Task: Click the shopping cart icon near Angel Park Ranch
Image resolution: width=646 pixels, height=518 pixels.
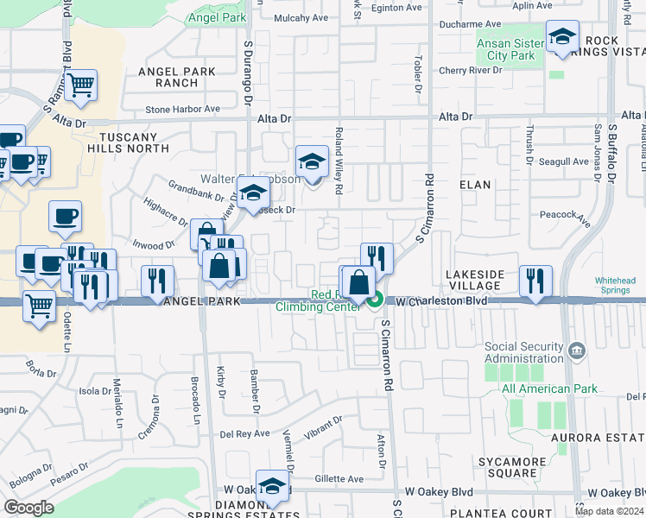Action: (80, 85)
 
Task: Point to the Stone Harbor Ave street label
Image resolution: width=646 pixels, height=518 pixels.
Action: (182, 110)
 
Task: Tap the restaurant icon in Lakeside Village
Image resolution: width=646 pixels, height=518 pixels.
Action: (535, 281)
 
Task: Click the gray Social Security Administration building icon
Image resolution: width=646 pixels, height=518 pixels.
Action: (578, 351)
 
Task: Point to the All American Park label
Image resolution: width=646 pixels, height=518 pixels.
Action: (548, 388)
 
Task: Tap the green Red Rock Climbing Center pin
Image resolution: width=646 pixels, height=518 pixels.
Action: (375, 301)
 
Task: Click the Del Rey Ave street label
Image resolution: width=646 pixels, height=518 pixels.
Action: (245, 434)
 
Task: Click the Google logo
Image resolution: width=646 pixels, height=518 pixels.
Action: (29, 507)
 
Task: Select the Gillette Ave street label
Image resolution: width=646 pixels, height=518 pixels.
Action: (339, 478)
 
